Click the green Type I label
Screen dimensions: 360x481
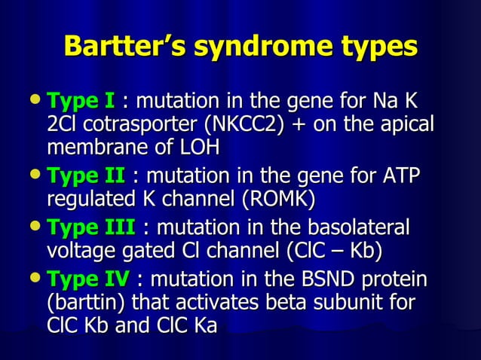pos(81,100)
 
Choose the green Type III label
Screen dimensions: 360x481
pos(90,227)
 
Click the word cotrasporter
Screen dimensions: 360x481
pos(120,124)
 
